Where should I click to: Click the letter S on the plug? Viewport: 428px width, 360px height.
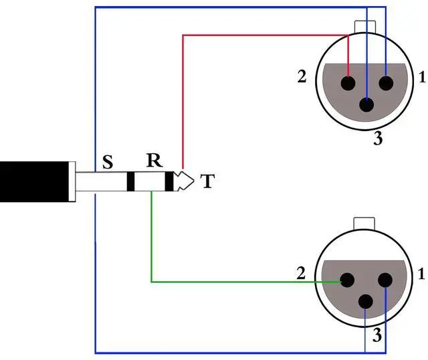coord(107,163)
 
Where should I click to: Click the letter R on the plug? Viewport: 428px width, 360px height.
coord(154,161)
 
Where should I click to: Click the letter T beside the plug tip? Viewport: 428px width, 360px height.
coord(208,181)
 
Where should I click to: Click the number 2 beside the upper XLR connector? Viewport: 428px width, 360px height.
coord(302,77)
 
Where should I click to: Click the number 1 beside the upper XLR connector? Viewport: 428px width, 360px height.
coord(421,77)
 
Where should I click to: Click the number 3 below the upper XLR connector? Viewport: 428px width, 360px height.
coord(378,140)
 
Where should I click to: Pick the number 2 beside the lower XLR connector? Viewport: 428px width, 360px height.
coord(302,273)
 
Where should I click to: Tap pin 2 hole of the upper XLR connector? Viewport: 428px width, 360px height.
coord(348,84)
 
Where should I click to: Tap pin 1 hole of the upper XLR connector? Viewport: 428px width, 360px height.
coord(386,84)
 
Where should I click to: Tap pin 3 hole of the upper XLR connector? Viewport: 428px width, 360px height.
coord(366,104)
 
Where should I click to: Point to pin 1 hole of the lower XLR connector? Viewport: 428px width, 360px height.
coord(386,281)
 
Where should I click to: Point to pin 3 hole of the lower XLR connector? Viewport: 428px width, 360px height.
coord(366,301)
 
